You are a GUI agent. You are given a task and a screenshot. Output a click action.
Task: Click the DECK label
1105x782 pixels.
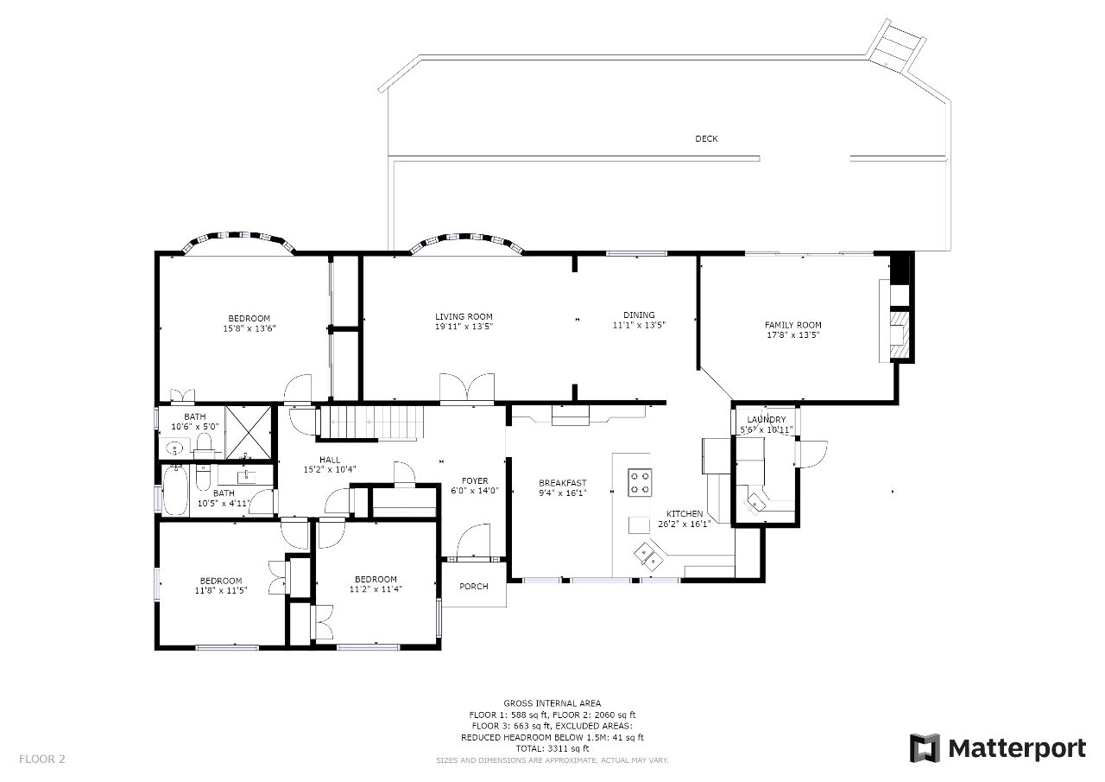click(706, 139)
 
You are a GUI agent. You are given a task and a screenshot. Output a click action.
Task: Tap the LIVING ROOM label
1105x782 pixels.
click(464, 316)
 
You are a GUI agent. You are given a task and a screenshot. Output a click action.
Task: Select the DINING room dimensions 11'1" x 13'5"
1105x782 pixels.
click(639, 326)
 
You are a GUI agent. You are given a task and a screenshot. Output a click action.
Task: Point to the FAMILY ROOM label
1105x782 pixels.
click(792, 325)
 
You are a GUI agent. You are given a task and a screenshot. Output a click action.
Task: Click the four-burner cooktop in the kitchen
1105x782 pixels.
click(640, 482)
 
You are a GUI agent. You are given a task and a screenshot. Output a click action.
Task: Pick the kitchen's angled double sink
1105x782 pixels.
click(648, 556)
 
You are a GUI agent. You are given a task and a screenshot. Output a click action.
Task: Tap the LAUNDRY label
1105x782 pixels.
click(766, 420)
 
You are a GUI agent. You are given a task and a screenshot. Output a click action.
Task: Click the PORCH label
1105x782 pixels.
click(474, 587)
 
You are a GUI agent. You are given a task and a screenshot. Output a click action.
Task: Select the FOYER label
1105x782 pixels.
click(475, 480)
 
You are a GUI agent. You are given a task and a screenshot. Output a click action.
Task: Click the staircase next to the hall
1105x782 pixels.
click(372, 423)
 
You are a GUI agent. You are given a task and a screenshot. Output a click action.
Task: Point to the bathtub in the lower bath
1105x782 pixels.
click(175, 490)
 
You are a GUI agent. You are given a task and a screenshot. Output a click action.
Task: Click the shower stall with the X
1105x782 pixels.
click(248, 432)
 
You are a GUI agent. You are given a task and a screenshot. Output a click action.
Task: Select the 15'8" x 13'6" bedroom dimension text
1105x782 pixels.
click(249, 329)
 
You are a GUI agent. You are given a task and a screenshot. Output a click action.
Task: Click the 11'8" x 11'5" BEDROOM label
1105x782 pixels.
click(220, 581)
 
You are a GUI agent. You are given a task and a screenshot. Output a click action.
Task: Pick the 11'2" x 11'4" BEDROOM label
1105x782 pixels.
click(376, 579)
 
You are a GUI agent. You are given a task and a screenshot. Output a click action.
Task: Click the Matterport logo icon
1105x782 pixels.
click(925, 748)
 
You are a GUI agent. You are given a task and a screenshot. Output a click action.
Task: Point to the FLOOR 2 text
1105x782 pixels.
click(42, 760)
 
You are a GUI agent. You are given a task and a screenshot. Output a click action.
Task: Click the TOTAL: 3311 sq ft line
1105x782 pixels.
click(552, 748)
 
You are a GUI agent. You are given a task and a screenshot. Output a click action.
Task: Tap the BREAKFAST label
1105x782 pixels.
click(562, 483)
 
